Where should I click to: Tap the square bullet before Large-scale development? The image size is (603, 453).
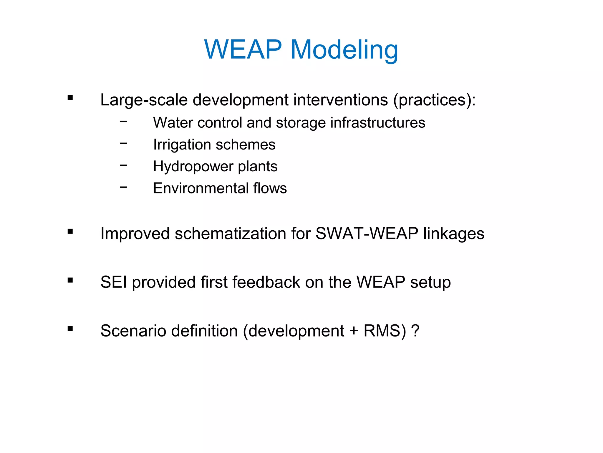pyautogui.click(x=70, y=98)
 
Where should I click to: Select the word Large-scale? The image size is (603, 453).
pyautogui.click(x=144, y=100)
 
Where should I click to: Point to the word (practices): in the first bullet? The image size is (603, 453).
pyautogui.click(x=435, y=100)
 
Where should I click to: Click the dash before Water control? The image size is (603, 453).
pyautogui.click(x=124, y=121)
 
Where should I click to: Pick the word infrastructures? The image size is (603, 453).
pyautogui.click(x=378, y=122)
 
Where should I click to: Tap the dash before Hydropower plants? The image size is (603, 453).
pyautogui.click(x=124, y=165)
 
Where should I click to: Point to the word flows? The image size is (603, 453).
pyautogui.click(x=270, y=188)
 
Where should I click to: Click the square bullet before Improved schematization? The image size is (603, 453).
pyautogui.click(x=70, y=232)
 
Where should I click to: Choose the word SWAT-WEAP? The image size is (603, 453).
pyautogui.click(x=367, y=234)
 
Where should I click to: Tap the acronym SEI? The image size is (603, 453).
pyautogui.click(x=114, y=282)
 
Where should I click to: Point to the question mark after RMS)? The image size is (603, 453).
pyautogui.click(x=415, y=331)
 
